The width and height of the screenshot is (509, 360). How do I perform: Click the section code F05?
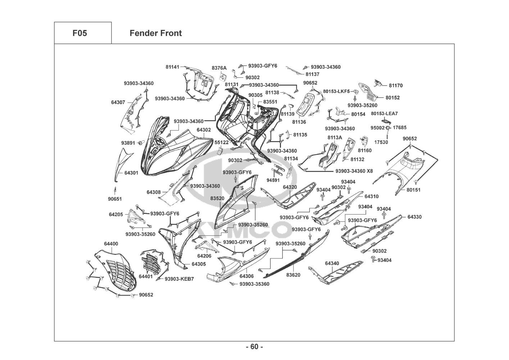[x=79, y=33]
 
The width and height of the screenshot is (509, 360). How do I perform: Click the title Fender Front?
[x=155, y=33]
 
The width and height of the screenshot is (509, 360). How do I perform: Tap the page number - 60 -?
[x=254, y=347]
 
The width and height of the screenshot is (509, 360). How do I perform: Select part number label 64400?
[x=111, y=244]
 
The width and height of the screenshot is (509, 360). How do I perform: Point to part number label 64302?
[x=204, y=130]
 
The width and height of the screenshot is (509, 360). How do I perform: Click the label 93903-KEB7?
[x=179, y=279]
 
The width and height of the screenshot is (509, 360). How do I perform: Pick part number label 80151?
[x=413, y=190]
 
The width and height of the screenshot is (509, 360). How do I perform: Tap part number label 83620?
[x=293, y=275]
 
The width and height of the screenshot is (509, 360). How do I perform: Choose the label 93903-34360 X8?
[x=354, y=171]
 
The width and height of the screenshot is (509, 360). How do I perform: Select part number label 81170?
[x=396, y=86]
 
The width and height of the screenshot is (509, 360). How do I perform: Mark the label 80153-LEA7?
[x=384, y=113]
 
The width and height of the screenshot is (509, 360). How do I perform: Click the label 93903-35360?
[x=254, y=284]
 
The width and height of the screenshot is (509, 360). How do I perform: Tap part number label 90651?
[x=115, y=199]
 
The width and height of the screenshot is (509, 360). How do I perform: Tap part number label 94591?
[x=273, y=180]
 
